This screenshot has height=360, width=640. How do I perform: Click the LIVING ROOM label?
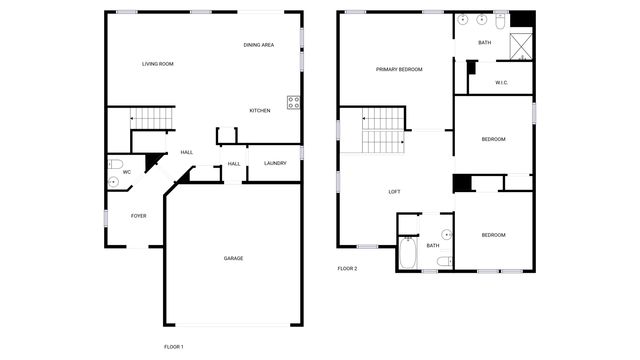(x=158, y=64)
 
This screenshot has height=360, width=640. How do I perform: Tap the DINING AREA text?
(x=259, y=46)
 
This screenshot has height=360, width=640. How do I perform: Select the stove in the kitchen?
(x=294, y=101)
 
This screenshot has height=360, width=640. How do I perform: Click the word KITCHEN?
(x=260, y=110)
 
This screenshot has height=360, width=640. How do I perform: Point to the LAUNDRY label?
(x=275, y=164)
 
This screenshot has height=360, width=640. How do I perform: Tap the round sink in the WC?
(x=112, y=182)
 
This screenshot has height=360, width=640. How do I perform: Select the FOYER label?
(x=138, y=215)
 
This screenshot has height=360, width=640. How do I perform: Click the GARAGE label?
(x=233, y=258)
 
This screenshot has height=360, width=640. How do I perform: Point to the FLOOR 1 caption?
(x=174, y=346)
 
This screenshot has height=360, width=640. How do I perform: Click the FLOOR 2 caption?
(x=347, y=269)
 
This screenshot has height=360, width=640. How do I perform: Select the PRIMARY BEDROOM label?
(x=399, y=70)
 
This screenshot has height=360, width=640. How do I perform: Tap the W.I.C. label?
(x=501, y=83)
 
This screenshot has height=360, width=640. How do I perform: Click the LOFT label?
(x=394, y=192)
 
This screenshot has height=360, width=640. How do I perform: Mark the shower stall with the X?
(x=520, y=46)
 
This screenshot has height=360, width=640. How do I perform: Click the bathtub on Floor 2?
(x=408, y=254)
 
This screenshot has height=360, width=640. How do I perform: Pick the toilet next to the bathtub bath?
(x=443, y=262)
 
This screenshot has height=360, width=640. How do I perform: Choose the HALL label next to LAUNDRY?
(x=234, y=164)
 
